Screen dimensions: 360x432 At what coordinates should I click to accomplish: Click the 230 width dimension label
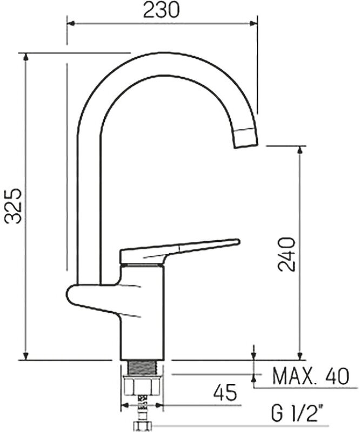[x=162, y=10]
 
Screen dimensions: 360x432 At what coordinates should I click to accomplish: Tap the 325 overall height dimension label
[x=13, y=206]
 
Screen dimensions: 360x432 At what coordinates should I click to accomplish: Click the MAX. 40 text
[x=311, y=376]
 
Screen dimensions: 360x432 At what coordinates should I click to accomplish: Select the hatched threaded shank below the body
[x=142, y=368]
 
